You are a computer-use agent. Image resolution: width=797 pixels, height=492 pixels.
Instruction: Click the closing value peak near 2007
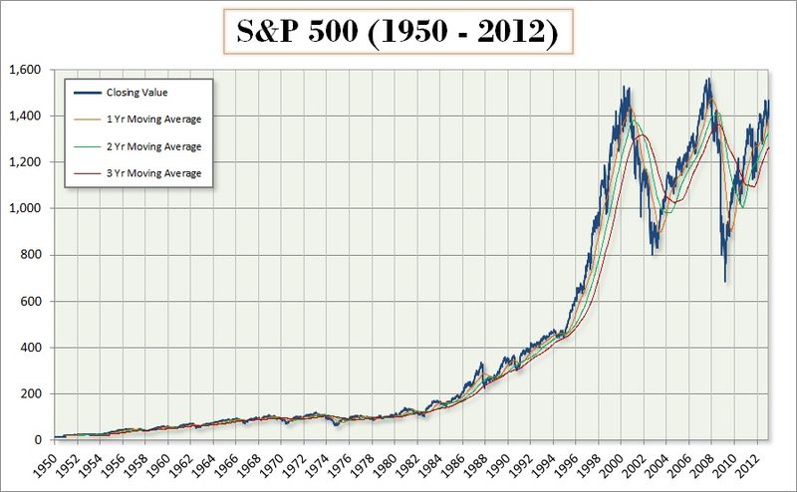708,80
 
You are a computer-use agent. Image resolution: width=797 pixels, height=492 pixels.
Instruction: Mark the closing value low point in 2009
724,281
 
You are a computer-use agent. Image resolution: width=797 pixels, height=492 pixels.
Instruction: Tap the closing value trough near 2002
654,253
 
